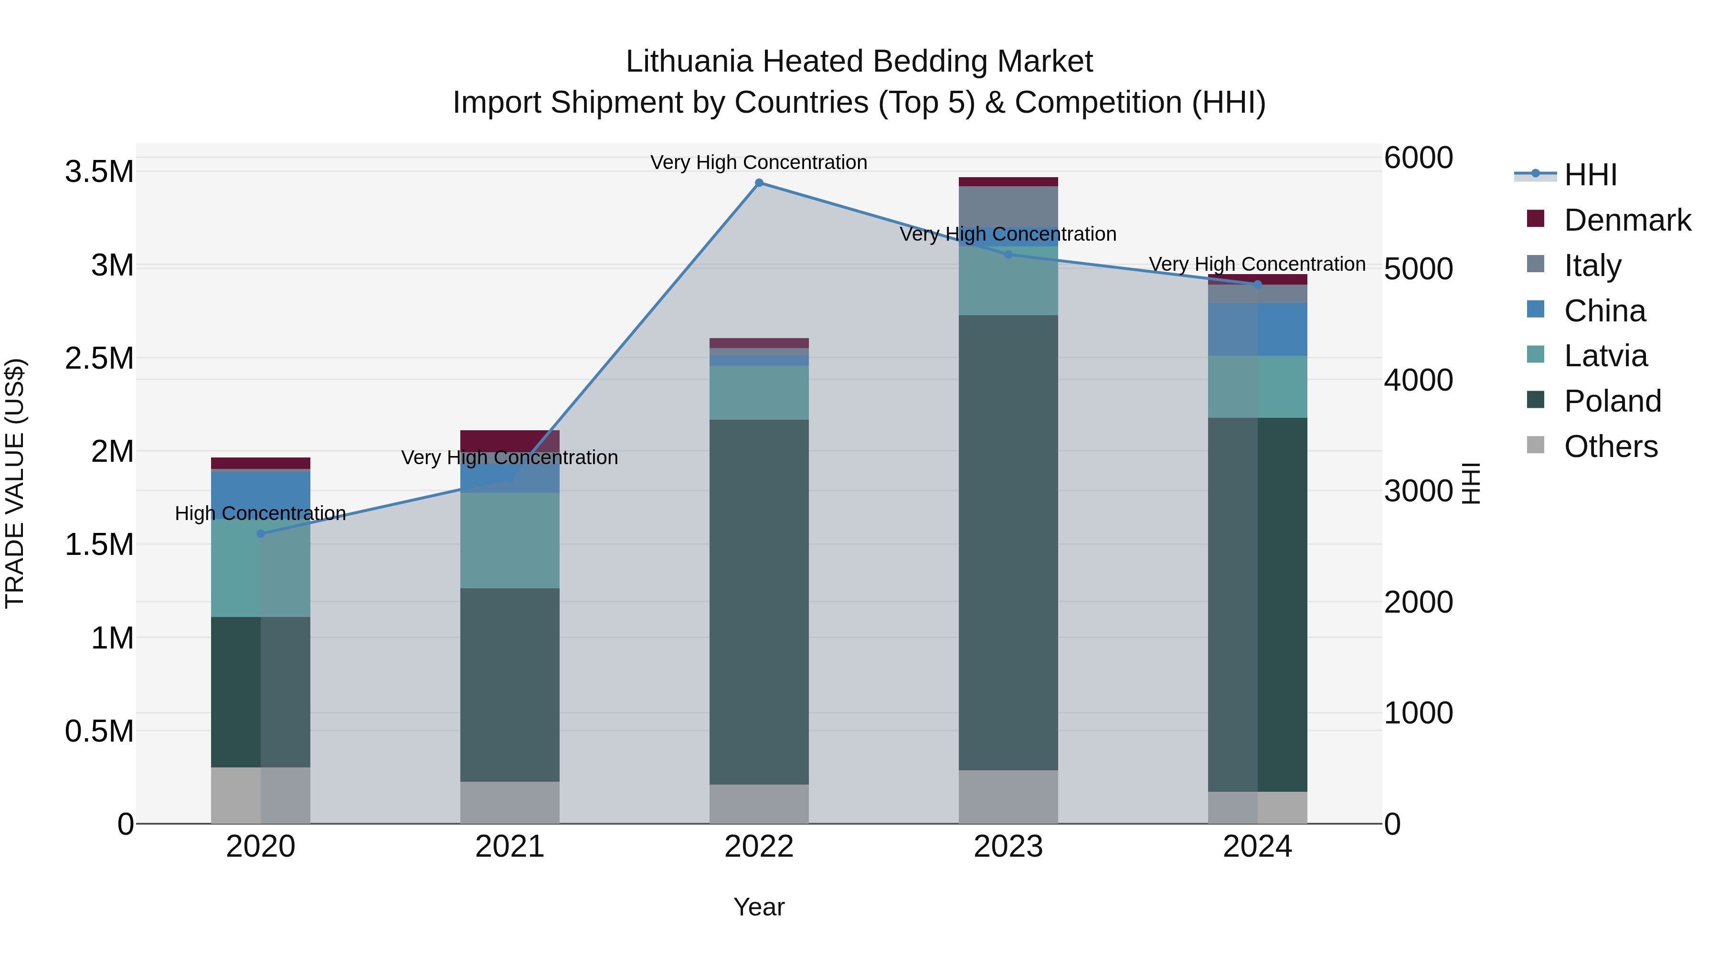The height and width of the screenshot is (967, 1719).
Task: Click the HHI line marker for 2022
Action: click(x=759, y=183)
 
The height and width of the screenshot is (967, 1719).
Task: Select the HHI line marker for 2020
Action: click(x=261, y=533)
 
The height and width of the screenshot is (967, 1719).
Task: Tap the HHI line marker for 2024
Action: click(x=1257, y=284)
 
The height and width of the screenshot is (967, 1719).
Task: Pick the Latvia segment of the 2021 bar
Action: click(x=510, y=540)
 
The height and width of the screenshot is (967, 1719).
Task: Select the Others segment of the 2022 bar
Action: click(x=759, y=804)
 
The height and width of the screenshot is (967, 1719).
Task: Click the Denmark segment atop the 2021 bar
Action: click(x=510, y=440)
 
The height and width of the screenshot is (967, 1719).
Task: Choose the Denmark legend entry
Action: click(x=1627, y=220)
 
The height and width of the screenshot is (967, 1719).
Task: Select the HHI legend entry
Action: click(x=1590, y=175)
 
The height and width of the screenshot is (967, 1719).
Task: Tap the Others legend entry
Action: click(x=1610, y=446)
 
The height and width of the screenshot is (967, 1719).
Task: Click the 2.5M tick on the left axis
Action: click(x=99, y=358)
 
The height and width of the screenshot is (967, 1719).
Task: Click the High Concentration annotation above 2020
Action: click(x=260, y=513)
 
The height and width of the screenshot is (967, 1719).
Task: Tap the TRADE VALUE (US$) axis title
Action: click(x=15, y=483)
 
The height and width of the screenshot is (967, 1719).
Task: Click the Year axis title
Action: click(x=759, y=907)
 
